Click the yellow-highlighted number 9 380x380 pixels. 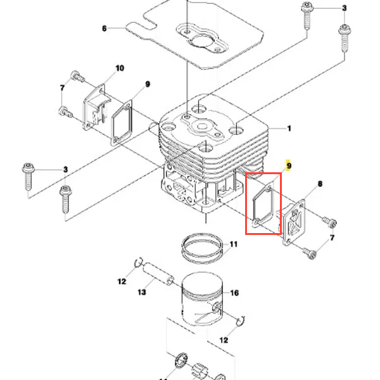[289, 166]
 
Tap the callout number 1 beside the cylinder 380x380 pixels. [289, 128]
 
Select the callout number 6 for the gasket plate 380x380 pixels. [104, 28]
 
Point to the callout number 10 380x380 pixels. [120, 68]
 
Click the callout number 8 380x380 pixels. [320, 184]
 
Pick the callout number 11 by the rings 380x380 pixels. [233, 244]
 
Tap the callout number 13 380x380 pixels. [142, 292]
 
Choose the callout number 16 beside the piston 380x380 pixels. [234, 293]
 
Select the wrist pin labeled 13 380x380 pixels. [158, 274]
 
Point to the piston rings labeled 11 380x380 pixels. [202, 248]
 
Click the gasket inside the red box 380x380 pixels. [263, 206]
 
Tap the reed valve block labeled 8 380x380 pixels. [294, 222]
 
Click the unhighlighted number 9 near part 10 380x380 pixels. [148, 84]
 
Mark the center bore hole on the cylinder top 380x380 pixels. [201, 126]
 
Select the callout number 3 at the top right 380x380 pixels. [345, 8]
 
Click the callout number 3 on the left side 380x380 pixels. [65, 169]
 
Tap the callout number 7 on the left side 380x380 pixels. [62, 88]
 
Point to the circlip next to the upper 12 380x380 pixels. [139, 263]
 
